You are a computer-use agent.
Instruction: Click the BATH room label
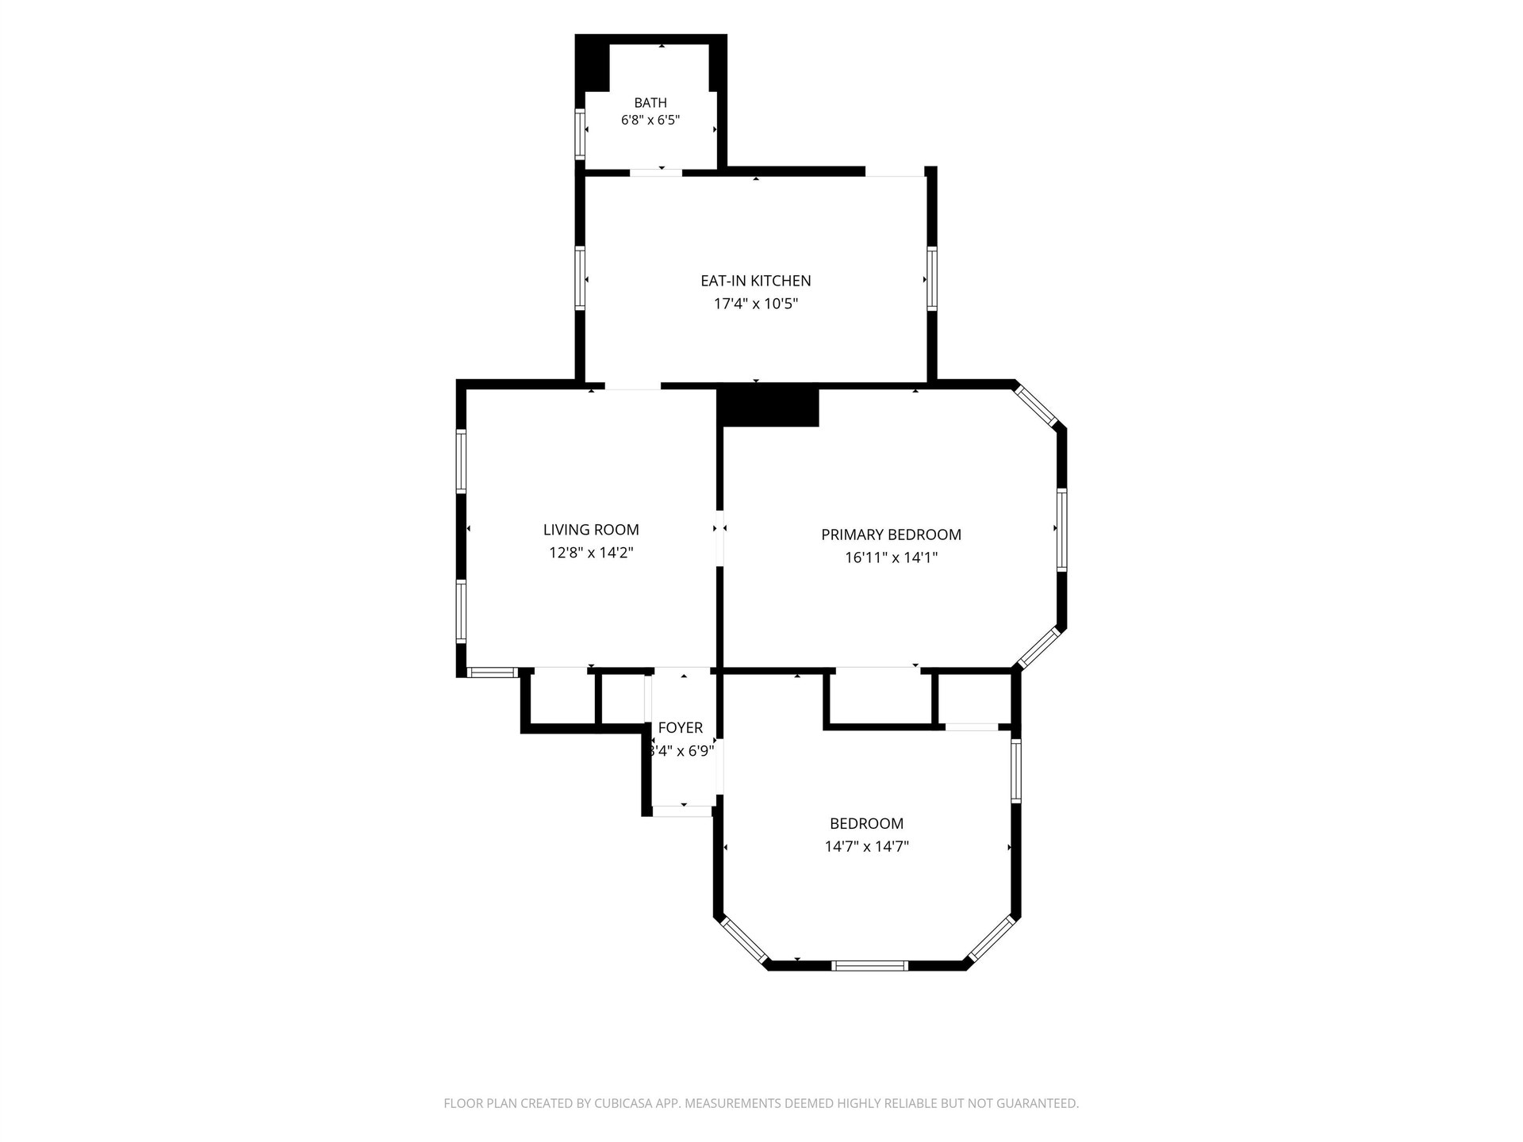(650, 102)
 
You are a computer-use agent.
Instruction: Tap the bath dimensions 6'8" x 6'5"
(650, 121)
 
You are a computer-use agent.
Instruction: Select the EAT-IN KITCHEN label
(756, 281)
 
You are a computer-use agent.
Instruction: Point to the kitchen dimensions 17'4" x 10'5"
(756, 304)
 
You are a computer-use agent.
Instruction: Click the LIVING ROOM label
(591, 530)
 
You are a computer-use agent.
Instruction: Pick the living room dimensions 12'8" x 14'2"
(591, 553)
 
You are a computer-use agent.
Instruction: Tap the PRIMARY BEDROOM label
(892, 535)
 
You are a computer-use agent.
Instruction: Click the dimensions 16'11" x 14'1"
(892, 558)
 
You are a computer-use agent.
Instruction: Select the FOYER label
(681, 728)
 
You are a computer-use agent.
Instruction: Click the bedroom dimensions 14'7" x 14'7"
(867, 846)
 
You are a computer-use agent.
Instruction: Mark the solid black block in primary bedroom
(767, 405)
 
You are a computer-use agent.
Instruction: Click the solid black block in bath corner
(592, 63)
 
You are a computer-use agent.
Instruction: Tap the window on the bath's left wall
(580, 134)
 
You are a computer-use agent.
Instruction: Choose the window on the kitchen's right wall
(932, 278)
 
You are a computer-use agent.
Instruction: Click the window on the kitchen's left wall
(580, 278)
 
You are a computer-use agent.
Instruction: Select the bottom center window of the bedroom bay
(869, 965)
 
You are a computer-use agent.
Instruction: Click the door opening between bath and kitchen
(656, 172)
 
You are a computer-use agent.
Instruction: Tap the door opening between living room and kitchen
(633, 386)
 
